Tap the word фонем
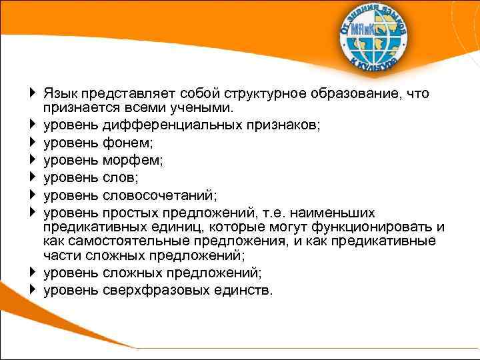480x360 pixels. [x=125, y=142]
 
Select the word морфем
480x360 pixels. [x=131, y=160]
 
